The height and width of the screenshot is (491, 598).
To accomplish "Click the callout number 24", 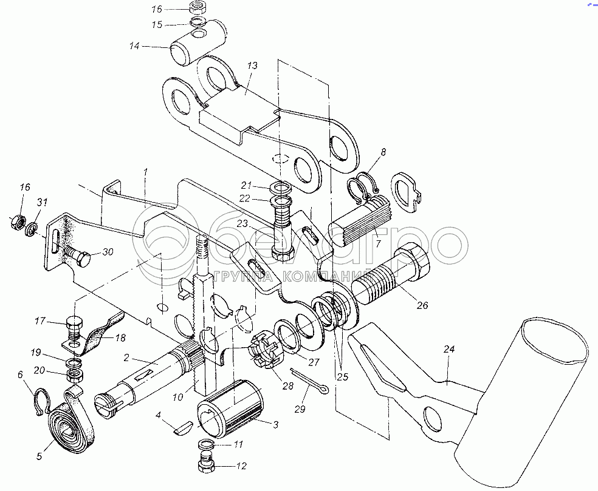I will tap(449, 349).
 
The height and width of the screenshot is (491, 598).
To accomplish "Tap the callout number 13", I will tap(252, 66).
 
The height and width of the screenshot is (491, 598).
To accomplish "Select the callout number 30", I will tap(107, 252).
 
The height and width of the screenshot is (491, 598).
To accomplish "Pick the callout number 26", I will tap(422, 305).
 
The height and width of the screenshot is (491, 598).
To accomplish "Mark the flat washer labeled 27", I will tap(293, 337).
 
